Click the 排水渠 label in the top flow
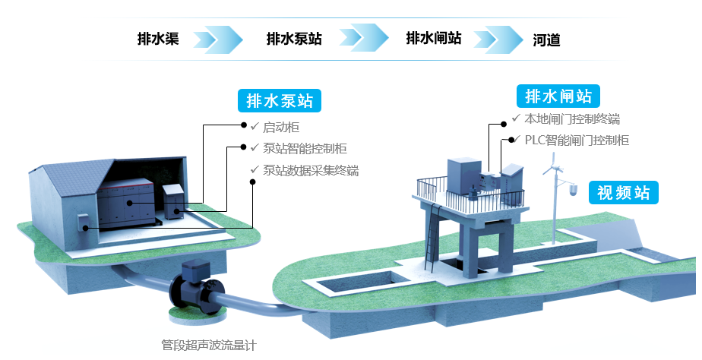click(158, 39)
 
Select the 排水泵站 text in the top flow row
click(294, 39)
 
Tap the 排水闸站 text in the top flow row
click(434, 39)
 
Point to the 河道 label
click(547, 39)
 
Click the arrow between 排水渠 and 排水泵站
click(218, 38)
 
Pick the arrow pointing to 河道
click(503, 38)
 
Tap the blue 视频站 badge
click(624, 192)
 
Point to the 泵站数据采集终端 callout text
click(311, 170)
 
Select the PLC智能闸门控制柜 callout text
click(577, 141)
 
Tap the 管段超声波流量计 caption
click(209, 346)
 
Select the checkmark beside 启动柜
click(255, 127)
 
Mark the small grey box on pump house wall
click(83, 222)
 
